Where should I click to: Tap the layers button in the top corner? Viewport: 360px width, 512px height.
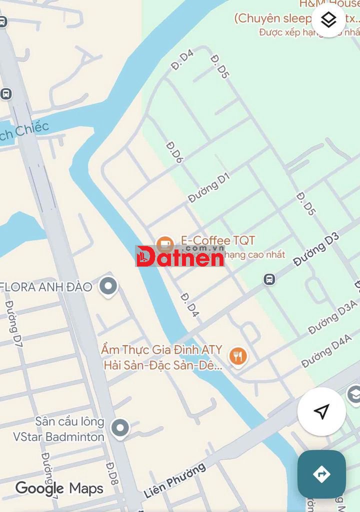328,20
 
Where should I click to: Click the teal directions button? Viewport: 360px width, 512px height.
321,474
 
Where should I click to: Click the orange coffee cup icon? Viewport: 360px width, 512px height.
164,245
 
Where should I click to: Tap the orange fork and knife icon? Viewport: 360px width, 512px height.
238,356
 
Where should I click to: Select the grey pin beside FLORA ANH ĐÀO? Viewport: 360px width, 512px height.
108,286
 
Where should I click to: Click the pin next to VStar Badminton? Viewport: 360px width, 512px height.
119,428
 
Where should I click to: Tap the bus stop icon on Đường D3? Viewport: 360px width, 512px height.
269,279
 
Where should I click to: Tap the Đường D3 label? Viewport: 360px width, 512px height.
316,249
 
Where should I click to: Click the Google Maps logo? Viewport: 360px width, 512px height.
59,488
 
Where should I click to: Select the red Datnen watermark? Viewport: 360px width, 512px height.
180,256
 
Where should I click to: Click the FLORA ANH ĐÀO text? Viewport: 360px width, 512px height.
46,287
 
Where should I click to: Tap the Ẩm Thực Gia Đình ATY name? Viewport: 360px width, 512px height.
161,349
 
